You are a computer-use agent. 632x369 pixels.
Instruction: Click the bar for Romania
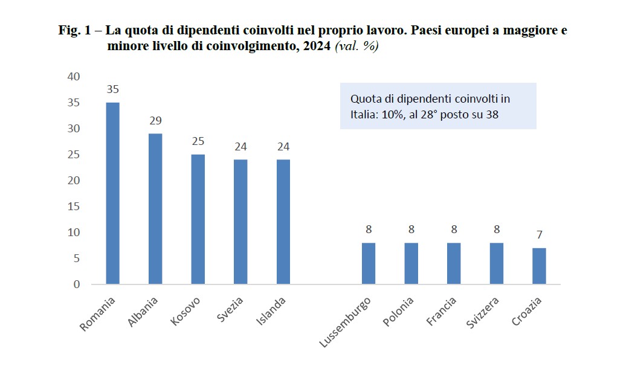coord(113,193)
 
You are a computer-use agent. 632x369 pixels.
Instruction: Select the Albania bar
coord(155,209)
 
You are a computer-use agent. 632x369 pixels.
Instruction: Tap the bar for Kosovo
coord(198,219)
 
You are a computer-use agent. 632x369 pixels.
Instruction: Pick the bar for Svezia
coord(240,222)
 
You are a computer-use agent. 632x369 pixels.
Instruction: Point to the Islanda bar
coord(283,222)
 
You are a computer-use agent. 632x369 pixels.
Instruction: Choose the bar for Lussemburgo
coord(368,263)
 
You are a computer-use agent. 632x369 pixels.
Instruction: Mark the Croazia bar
coord(538,266)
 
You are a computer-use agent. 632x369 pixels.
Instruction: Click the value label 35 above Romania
coord(113,89)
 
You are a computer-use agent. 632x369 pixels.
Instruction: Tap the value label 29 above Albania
coord(155,121)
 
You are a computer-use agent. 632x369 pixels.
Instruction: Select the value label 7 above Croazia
coord(538,235)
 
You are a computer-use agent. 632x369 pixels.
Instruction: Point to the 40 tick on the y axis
coord(73,77)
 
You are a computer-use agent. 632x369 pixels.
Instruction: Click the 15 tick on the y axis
coord(73,207)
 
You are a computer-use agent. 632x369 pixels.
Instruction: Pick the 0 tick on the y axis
coord(76,284)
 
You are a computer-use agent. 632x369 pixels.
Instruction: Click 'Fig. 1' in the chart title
coord(73,30)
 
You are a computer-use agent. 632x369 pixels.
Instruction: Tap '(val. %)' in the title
coord(356,47)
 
